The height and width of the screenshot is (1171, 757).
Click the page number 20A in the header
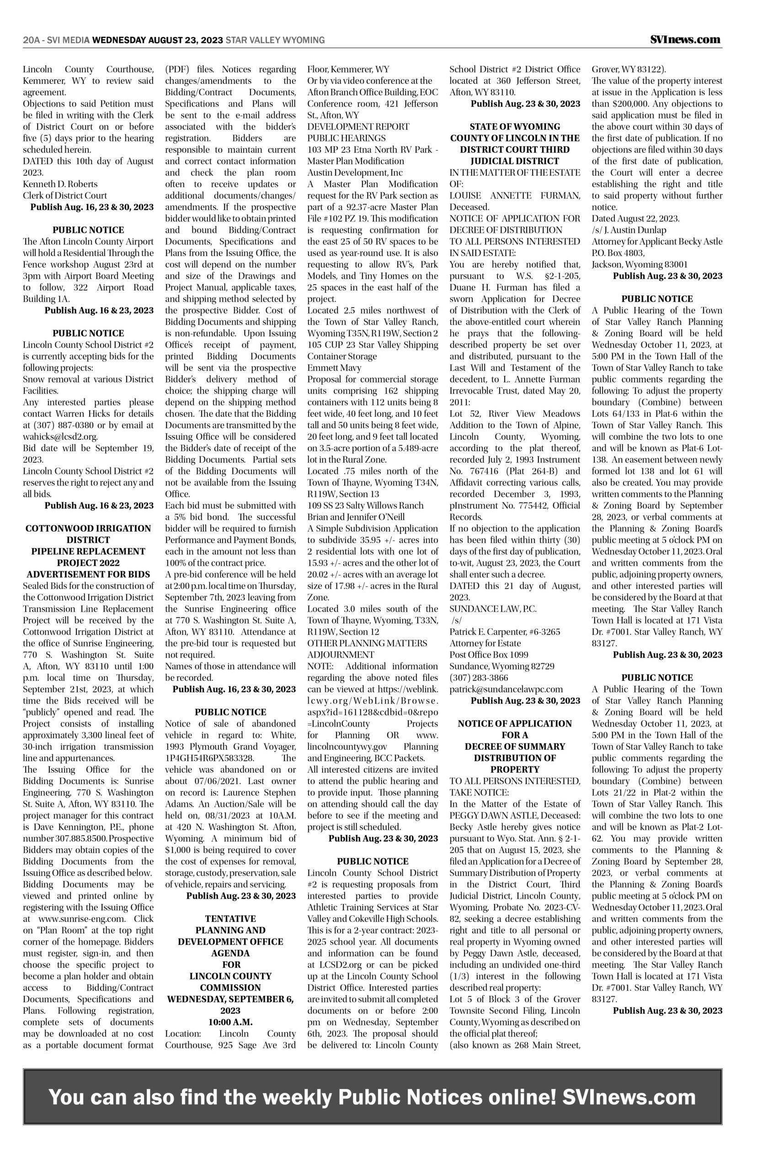tap(31, 40)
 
